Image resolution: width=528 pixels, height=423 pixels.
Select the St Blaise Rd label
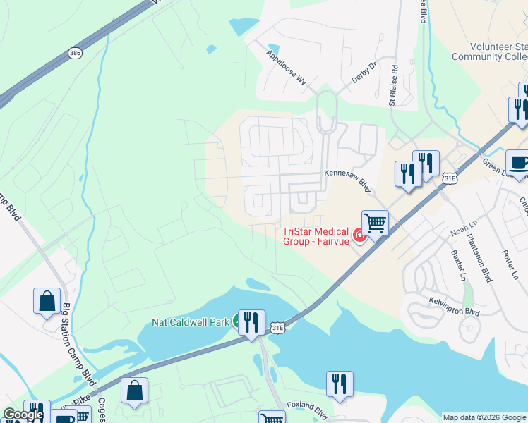(x=394, y=86)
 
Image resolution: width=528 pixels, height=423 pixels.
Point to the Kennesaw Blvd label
(x=347, y=180)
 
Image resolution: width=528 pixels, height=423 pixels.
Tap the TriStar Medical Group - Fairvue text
(x=316, y=236)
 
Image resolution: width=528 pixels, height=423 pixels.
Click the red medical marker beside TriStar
(x=359, y=235)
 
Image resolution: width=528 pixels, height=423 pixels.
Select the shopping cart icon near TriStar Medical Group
(x=376, y=223)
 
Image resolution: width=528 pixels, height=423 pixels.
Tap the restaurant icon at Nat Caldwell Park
(x=251, y=322)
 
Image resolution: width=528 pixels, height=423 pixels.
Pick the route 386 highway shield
(x=75, y=53)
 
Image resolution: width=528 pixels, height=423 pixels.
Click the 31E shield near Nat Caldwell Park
(x=278, y=327)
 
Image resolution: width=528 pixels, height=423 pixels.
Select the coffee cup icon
(x=519, y=162)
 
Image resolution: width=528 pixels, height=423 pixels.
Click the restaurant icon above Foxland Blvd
(x=340, y=384)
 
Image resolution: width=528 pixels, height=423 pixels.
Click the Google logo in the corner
(x=23, y=415)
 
